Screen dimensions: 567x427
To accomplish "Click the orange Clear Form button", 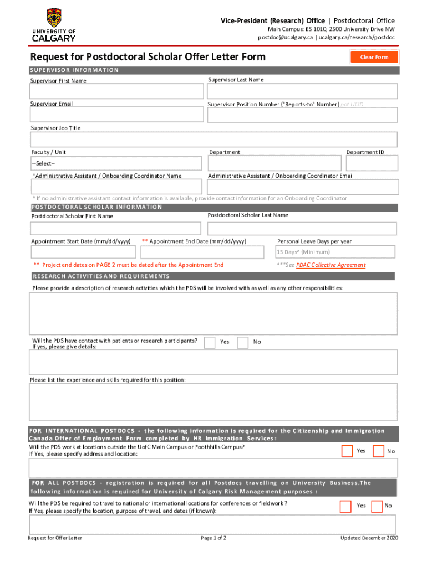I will (374, 57).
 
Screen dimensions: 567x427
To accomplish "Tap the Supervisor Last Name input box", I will (302, 91).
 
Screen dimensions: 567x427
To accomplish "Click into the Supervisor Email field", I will (116, 115).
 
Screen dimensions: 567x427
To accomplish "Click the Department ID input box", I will (372, 163).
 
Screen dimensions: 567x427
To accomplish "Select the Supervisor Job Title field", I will (213, 139).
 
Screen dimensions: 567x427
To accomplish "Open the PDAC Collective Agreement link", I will (331, 265).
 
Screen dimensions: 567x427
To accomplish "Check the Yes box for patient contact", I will (210, 342).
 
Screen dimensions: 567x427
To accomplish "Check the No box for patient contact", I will (242, 342).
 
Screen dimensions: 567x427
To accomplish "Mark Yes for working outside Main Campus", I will (347, 451).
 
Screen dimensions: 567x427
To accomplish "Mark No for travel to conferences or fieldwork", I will (377, 506).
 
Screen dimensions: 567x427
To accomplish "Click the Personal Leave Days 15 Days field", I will (335, 252).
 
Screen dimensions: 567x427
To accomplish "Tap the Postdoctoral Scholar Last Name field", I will (302, 229).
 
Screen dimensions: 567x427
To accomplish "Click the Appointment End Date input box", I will (203, 252).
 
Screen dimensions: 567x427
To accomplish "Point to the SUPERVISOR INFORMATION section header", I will (74, 70).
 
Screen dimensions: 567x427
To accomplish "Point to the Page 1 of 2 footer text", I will (213, 538).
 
